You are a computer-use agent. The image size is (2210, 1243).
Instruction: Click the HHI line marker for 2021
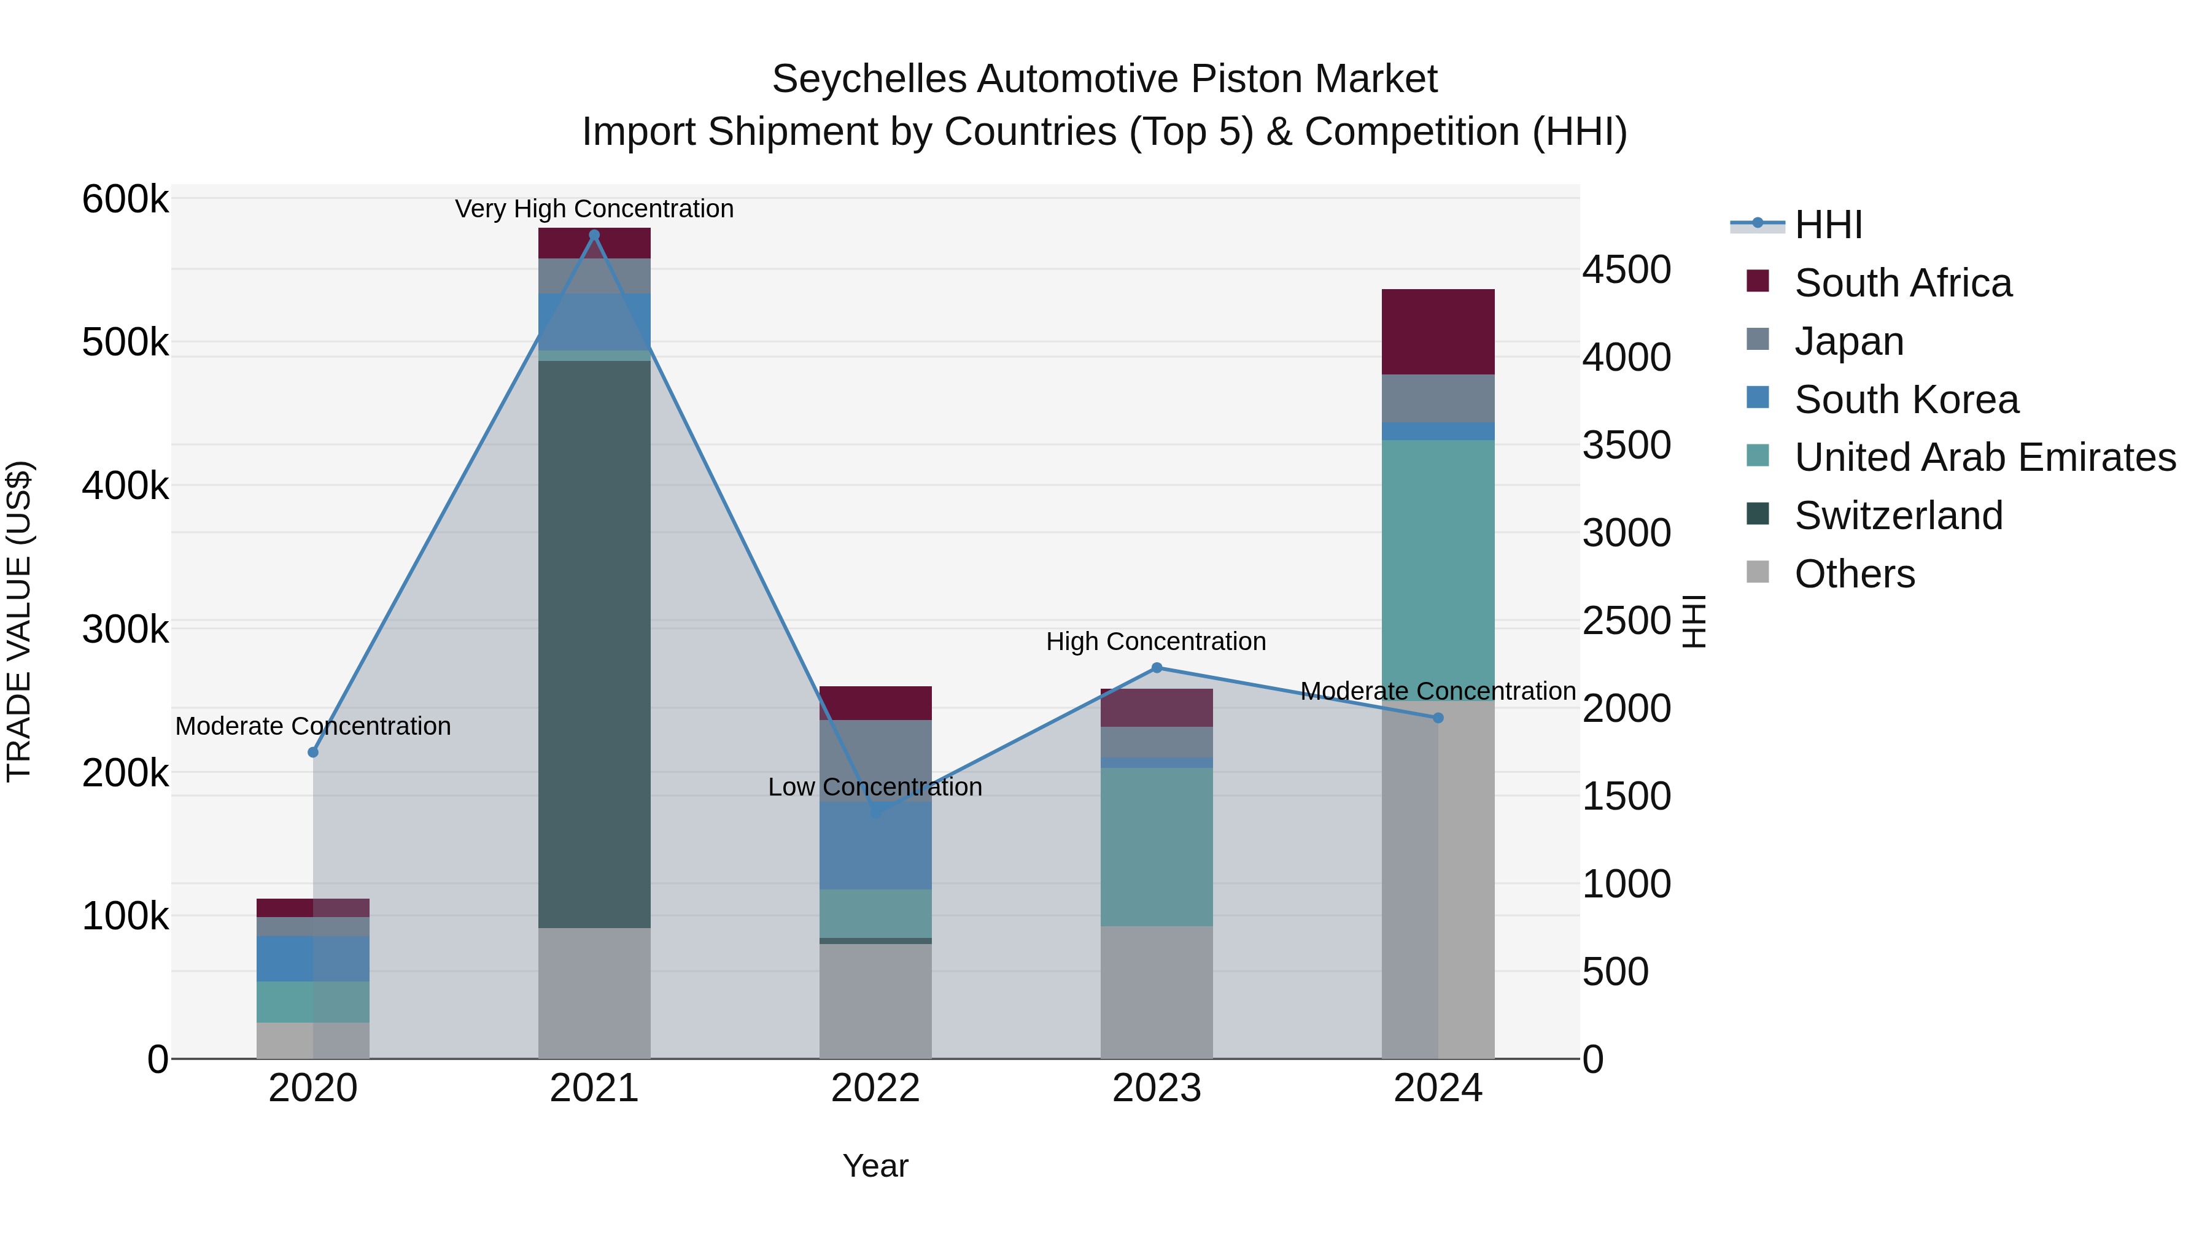coord(594,235)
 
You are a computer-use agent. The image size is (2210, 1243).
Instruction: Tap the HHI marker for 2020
coord(313,753)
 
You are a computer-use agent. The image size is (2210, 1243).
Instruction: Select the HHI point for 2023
coord(1157,667)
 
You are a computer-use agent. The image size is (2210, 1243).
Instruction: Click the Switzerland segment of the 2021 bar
coord(594,643)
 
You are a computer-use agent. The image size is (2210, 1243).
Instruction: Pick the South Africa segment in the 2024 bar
coord(1438,332)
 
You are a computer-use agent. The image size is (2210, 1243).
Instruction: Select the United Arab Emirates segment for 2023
coord(1157,846)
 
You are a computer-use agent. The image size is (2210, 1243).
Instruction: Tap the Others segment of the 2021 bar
coord(594,993)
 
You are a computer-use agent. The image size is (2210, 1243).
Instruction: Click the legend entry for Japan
coord(1849,341)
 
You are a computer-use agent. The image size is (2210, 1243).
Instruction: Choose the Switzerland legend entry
coord(1898,516)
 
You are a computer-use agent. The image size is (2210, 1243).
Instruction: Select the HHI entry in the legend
coord(1828,225)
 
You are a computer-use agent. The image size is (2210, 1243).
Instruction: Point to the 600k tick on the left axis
coord(125,200)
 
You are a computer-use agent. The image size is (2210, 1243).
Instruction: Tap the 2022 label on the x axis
coord(875,1088)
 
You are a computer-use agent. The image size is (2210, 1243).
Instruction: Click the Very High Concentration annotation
coord(594,209)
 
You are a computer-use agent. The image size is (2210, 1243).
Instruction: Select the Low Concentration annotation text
coord(874,787)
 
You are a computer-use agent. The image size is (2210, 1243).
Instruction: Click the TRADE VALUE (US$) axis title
coord(19,621)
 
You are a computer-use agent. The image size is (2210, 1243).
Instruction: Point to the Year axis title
coord(875,1166)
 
